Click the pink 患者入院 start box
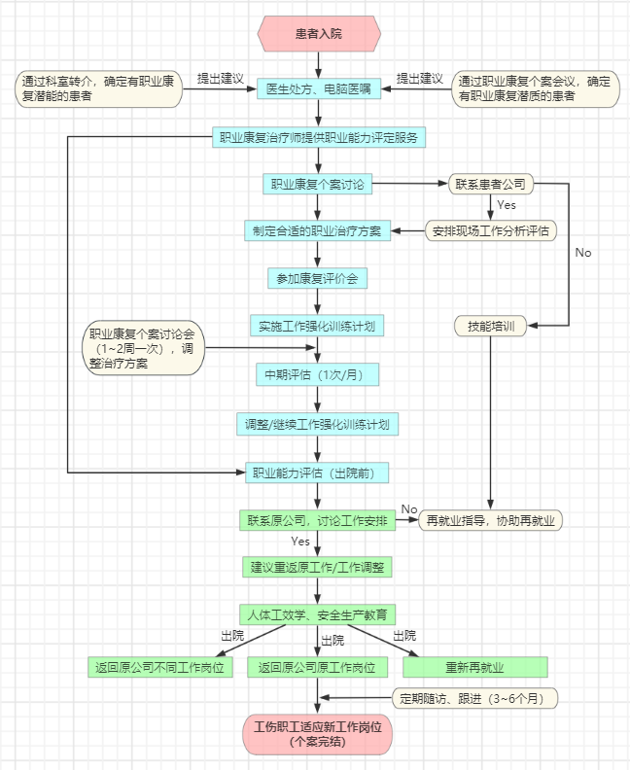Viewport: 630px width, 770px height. pyautogui.click(x=318, y=34)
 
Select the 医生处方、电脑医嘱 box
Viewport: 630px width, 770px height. pyautogui.click(x=318, y=88)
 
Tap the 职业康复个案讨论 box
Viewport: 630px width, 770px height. pyautogui.click(x=318, y=184)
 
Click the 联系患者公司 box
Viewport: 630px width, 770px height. pyautogui.click(x=491, y=184)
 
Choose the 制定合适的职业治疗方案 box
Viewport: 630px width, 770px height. pyautogui.click(x=318, y=230)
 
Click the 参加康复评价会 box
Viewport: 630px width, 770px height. pyautogui.click(x=318, y=278)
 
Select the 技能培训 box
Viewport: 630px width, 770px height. pyautogui.click(x=491, y=326)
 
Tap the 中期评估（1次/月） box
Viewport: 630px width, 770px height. pyautogui.click(x=318, y=374)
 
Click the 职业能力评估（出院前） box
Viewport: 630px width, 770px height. pyautogui.click(x=318, y=472)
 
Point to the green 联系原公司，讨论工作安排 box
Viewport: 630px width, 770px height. pyautogui.click(x=318, y=520)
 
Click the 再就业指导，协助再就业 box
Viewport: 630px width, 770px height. pyautogui.click(x=492, y=520)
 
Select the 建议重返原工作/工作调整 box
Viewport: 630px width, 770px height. pyautogui.click(x=318, y=566)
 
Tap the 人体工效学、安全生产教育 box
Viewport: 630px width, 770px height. pyautogui.click(x=318, y=614)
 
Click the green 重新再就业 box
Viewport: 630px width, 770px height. pyautogui.click(x=475, y=668)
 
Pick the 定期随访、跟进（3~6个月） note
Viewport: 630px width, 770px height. pyautogui.click(x=477, y=697)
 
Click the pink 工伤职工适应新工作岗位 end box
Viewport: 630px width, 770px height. pyautogui.click(x=318, y=734)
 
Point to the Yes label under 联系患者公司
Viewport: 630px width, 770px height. pyautogui.click(x=507, y=205)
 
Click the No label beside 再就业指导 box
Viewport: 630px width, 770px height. pyautogui.click(x=409, y=509)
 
